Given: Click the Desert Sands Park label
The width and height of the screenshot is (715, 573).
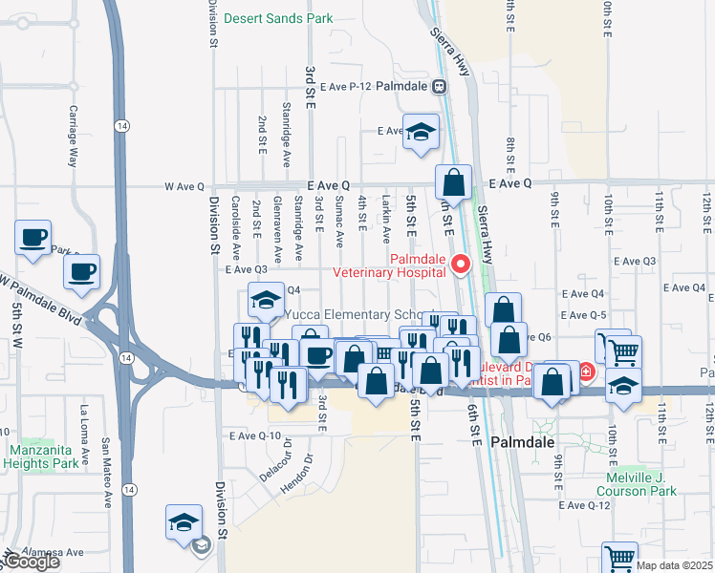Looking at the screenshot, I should [278, 18].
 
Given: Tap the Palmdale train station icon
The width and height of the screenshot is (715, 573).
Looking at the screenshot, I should [439, 86].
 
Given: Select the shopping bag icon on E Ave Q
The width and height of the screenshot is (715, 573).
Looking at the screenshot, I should [455, 181].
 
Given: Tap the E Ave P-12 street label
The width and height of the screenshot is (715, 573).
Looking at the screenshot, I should [344, 86].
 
